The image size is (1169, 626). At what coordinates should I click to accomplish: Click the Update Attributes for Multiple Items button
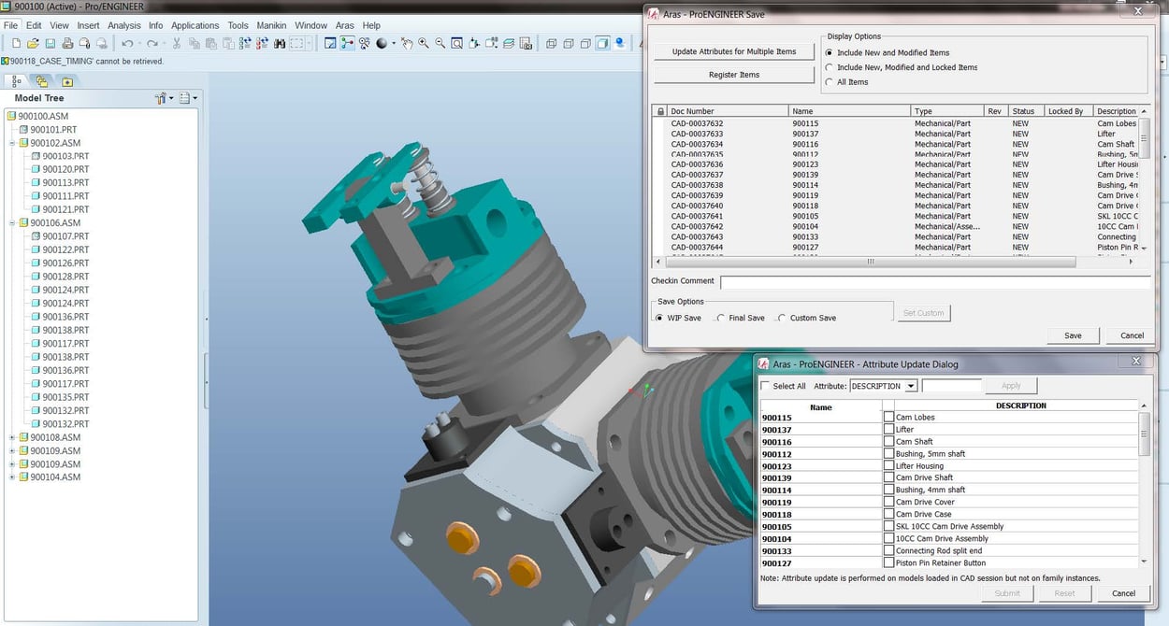click(x=734, y=51)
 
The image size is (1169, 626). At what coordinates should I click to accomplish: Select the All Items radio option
click(x=830, y=82)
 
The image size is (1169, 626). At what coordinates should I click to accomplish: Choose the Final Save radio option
click(x=721, y=319)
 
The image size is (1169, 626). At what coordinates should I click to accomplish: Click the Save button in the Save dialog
click(x=1073, y=335)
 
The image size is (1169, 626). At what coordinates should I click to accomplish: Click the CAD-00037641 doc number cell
click(x=697, y=216)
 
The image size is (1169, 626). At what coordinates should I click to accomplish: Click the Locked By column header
click(x=1066, y=111)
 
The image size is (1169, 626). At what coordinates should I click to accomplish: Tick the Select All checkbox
click(x=767, y=386)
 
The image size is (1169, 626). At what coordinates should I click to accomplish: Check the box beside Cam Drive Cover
click(x=888, y=503)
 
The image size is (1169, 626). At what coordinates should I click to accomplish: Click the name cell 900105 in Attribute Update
click(x=777, y=527)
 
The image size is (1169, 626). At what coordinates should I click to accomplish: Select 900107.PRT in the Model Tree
click(x=65, y=236)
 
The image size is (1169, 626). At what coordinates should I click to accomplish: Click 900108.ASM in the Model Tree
click(x=55, y=437)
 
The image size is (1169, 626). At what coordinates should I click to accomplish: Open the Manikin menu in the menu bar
click(x=271, y=25)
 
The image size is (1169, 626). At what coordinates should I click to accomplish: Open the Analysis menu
click(x=124, y=25)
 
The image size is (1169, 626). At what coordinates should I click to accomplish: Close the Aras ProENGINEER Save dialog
click(x=1137, y=11)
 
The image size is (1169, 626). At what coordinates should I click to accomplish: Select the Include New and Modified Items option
click(x=830, y=53)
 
